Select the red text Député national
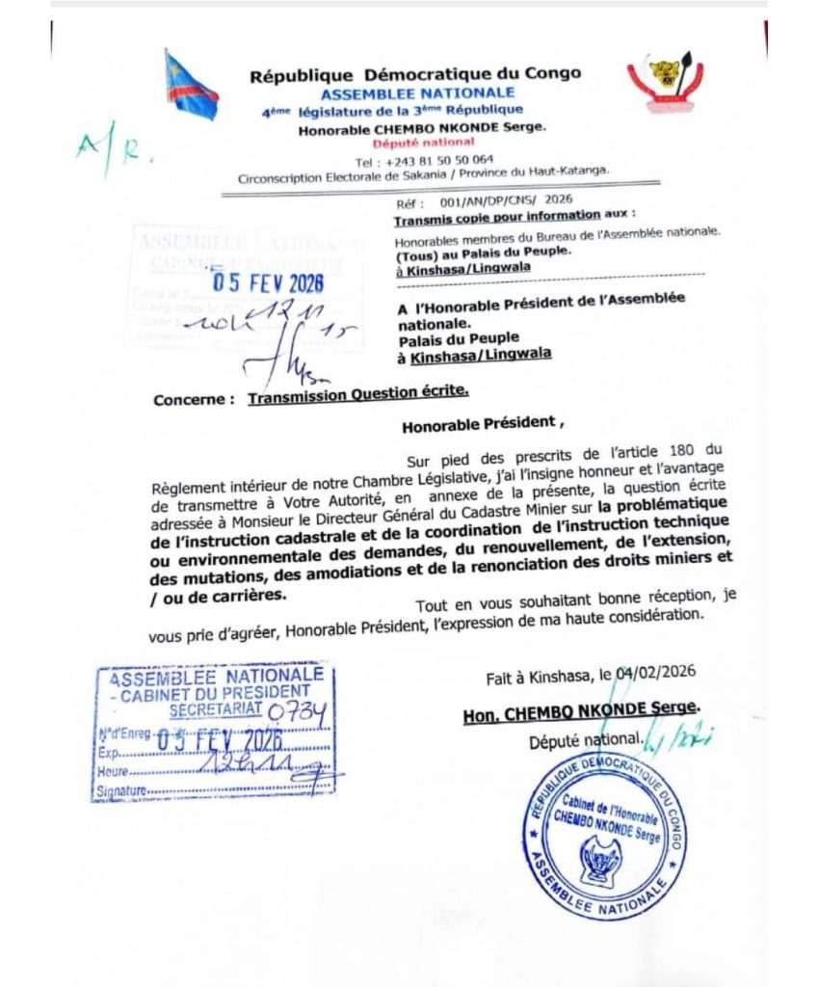423,143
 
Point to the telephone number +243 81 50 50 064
424,161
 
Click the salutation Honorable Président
479,422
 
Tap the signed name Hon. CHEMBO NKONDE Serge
580,708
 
